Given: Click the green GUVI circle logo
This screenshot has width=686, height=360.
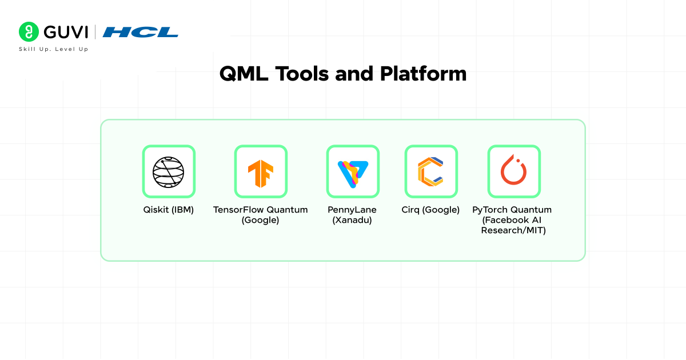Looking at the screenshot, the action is coord(29,31).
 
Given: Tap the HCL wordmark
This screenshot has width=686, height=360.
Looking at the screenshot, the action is coord(140,32).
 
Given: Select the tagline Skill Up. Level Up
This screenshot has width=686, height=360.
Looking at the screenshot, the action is coord(54,49).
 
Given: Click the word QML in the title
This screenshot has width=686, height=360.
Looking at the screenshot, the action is coord(244,74).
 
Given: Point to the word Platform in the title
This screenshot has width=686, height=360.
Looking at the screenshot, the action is coord(423,74).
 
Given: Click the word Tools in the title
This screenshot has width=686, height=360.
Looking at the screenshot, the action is coord(302,74).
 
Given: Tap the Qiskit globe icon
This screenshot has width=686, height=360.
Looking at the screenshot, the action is coord(169,172).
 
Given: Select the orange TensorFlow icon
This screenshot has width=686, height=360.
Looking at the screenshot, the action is coord(261,173).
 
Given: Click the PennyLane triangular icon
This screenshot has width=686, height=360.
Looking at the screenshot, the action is coord(353,174).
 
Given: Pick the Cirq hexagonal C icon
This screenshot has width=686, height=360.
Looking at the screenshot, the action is coord(430,172).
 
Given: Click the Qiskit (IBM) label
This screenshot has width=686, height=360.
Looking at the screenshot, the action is coord(169,210).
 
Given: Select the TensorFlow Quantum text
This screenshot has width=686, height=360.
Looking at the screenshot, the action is coord(260,210).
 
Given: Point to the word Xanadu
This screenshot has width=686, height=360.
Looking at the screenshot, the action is coord(352,220).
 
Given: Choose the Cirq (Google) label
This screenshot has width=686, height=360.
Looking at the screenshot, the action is coord(430,210).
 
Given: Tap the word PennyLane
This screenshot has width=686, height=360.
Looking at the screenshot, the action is coord(352,210).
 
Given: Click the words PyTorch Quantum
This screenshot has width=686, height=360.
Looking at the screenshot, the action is coord(512,210).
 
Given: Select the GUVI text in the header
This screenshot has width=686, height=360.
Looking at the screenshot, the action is coord(66,32).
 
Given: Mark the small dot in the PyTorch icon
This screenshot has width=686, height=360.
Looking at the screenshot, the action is coord(518,161).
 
